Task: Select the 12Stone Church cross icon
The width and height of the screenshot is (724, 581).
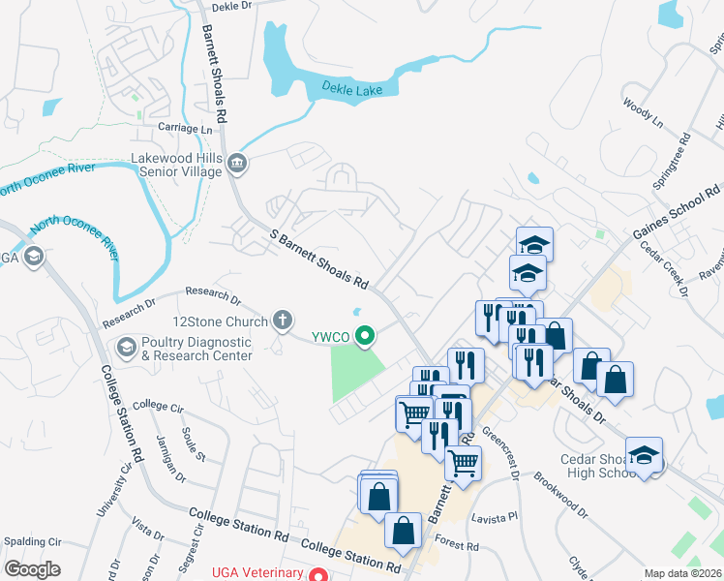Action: point(283,319)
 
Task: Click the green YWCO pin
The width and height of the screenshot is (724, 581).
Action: point(365,337)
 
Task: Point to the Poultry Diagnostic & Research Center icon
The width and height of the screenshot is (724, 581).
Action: point(126,347)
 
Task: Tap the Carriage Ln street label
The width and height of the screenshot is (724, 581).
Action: point(185,128)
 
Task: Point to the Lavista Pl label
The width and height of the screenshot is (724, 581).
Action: point(496,518)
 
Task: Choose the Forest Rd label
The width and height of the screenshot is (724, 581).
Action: point(458,546)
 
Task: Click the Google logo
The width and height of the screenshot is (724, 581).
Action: point(32,569)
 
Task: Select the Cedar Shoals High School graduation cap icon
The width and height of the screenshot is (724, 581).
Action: point(644,455)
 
